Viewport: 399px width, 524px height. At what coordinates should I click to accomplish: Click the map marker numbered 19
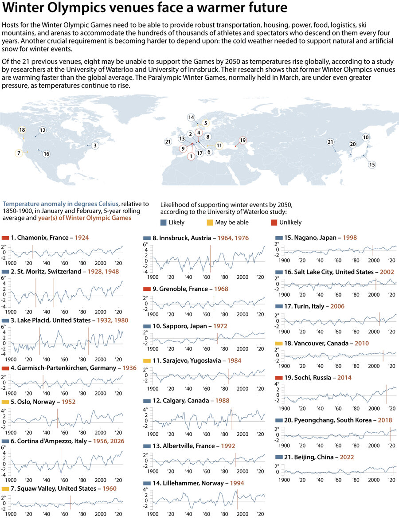coord(243,140)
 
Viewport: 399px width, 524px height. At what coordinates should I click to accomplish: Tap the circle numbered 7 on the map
coord(19,153)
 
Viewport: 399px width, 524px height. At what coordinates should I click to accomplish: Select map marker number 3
coord(95,145)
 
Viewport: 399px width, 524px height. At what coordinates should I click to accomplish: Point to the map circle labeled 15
coord(372,164)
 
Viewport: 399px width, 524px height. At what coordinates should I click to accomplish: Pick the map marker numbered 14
coord(191,117)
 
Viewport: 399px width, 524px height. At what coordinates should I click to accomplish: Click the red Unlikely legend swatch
coord(273,222)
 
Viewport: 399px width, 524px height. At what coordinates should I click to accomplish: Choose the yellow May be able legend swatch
coord(209,222)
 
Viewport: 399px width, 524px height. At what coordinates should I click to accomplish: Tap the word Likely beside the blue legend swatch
coord(176,222)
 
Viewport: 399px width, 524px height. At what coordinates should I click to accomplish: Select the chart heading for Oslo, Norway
coord(32,402)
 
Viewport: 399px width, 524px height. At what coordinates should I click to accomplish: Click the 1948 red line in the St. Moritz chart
coord(54,293)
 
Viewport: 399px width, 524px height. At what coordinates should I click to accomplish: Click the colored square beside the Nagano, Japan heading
coord(279,238)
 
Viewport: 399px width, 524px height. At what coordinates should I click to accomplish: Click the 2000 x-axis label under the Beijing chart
coord(373,480)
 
